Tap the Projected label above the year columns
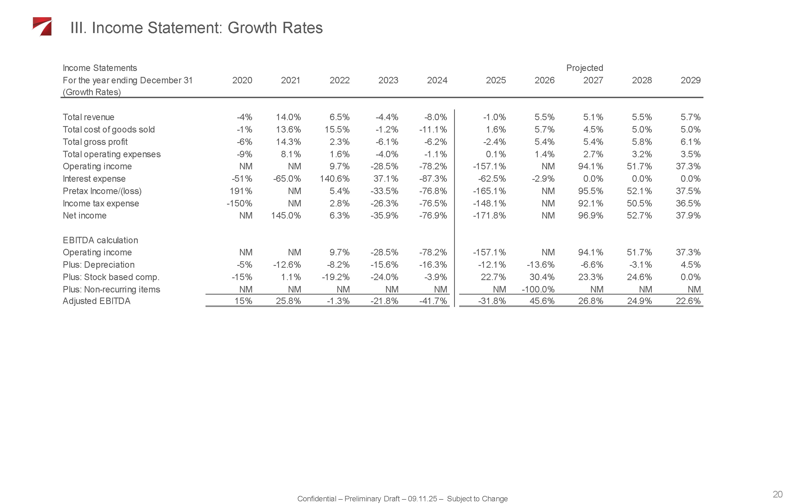point(584,68)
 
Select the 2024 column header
point(437,80)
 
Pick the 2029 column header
point(690,80)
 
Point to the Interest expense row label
point(94,179)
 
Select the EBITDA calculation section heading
point(100,240)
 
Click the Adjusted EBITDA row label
point(96,301)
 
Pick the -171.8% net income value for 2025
point(489,216)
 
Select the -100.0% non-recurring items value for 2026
point(538,289)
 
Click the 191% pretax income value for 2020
point(241,191)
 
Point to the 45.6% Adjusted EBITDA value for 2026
point(542,301)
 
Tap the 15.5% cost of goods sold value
point(337,130)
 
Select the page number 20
point(777,494)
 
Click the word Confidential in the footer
point(316,499)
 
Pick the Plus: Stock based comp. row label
point(111,277)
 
